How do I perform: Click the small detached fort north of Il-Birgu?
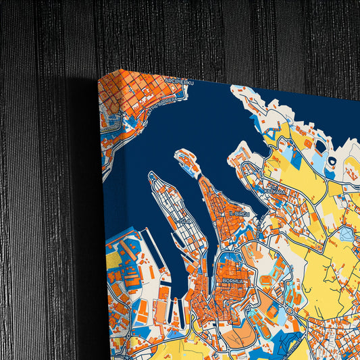point(186,161)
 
